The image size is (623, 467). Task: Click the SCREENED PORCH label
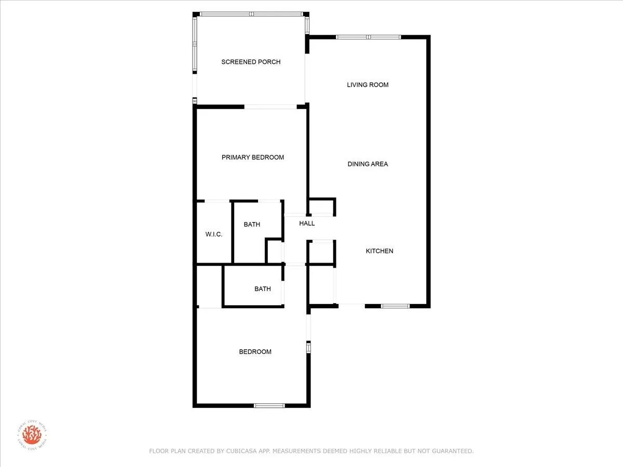click(251, 62)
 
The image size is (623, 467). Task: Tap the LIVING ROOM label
click(368, 85)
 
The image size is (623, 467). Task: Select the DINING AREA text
click(368, 164)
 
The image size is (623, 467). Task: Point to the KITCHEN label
click(380, 251)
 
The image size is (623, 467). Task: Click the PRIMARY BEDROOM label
click(253, 158)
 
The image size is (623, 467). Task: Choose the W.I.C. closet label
click(214, 235)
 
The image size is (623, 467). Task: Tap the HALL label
click(307, 224)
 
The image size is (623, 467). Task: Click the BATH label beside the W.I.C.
click(252, 225)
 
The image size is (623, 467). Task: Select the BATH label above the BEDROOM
click(262, 289)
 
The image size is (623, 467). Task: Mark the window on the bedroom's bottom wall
click(269, 405)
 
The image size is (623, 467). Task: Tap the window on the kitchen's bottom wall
click(396, 306)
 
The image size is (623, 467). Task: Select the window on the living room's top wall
click(369, 37)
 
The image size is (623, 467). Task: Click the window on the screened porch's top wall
click(251, 14)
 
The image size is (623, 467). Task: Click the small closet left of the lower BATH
click(209, 286)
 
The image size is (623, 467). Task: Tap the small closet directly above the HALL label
click(321, 207)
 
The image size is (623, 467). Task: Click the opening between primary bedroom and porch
click(270, 107)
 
